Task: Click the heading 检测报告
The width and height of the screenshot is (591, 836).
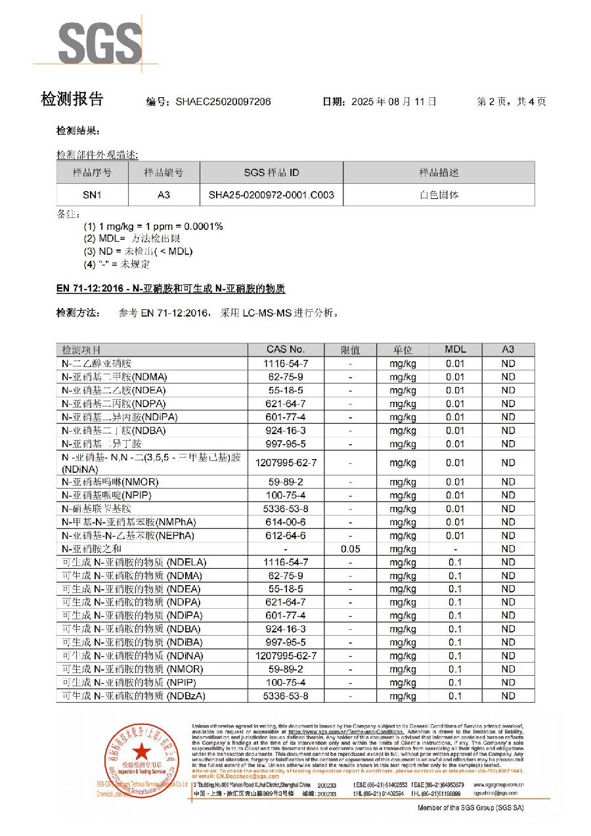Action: coord(72,100)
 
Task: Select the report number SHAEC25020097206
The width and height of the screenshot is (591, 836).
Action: coord(223,102)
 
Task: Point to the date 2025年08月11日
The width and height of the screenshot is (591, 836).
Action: coord(395,102)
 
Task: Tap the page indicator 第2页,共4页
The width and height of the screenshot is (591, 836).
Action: coord(511,102)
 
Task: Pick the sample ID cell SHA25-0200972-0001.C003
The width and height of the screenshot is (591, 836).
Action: coord(271,195)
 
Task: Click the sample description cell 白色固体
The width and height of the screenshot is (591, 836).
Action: coord(439,195)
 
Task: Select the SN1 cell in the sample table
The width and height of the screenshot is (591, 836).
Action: coord(92,195)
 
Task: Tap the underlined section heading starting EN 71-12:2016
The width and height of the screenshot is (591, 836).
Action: coord(171,289)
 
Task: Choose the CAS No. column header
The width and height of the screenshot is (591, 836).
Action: coord(286,350)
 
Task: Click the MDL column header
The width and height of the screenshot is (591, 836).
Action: coord(455,350)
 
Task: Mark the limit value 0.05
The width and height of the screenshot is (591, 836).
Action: coord(351,549)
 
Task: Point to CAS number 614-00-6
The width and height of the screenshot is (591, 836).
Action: coord(286,522)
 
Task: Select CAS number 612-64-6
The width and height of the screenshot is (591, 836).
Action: coord(286,535)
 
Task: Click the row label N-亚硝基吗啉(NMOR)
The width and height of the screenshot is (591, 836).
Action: coord(110,482)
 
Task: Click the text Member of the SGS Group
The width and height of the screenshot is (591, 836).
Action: coord(470,807)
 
